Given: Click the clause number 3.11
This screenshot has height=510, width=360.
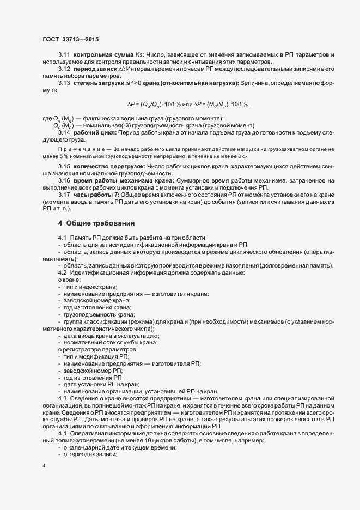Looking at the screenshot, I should [64, 56].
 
